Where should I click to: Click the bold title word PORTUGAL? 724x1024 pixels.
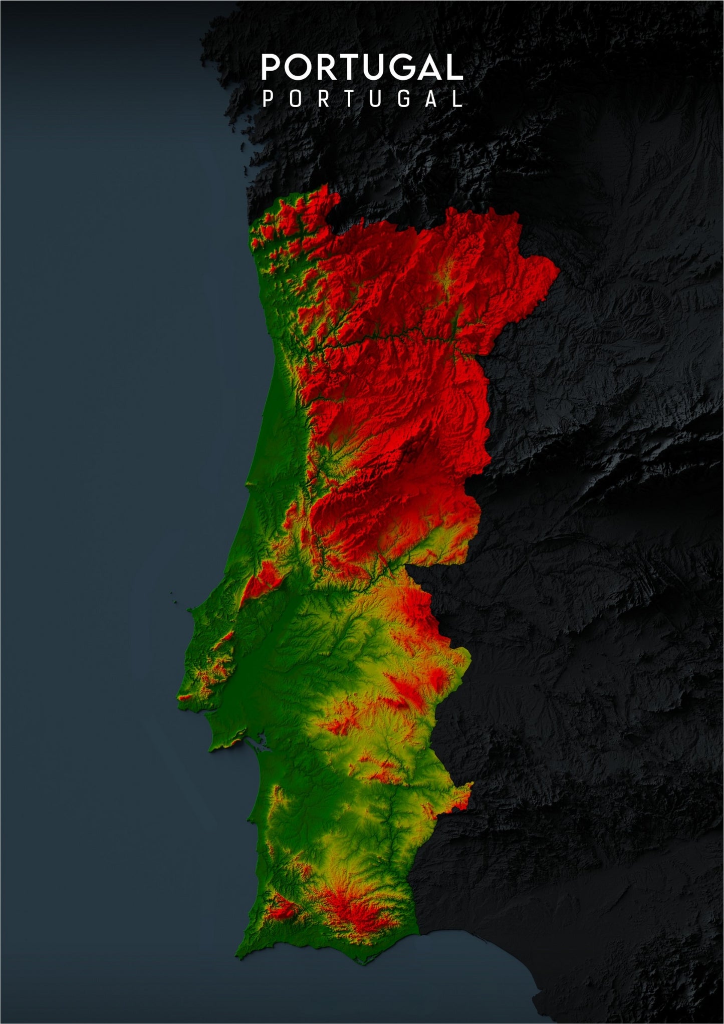click(x=362, y=68)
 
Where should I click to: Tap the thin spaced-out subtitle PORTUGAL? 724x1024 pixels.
click(x=362, y=99)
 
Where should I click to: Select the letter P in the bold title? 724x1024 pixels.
click(x=271, y=68)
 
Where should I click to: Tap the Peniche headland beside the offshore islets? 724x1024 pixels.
click(x=190, y=610)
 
